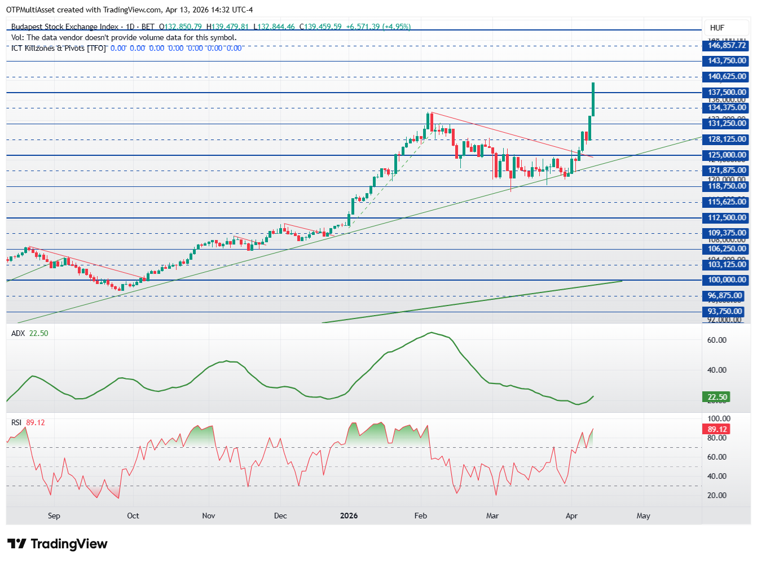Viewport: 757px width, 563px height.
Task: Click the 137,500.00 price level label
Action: click(727, 92)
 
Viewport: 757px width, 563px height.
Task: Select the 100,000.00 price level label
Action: click(727, 280)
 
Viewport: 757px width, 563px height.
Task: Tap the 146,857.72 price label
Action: click(727, 45)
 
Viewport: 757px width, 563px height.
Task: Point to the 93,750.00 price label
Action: click(725, 312)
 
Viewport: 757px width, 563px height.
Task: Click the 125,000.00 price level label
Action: click(727, 155)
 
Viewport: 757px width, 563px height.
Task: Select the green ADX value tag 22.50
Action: click(718, 397)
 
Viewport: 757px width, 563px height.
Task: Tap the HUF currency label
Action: click(717, 28)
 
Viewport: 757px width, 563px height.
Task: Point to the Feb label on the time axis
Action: click(420, 516)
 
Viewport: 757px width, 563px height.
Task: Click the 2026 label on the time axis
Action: click(349, 516)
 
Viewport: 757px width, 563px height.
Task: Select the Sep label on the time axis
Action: click(54, 516)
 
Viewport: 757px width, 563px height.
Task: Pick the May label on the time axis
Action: click(643, 516)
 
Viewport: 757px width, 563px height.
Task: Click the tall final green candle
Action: click(593, 99)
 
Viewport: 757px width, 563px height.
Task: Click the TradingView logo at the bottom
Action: click(57, 544)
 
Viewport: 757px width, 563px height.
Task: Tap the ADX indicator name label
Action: click(18, 333)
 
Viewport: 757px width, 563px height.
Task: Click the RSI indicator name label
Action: click(16, 422)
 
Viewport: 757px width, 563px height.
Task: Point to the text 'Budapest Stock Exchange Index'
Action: click(65, 27)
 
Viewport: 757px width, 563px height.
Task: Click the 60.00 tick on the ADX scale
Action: click(717, 340)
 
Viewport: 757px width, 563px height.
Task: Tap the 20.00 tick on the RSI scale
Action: click(717, 495)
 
